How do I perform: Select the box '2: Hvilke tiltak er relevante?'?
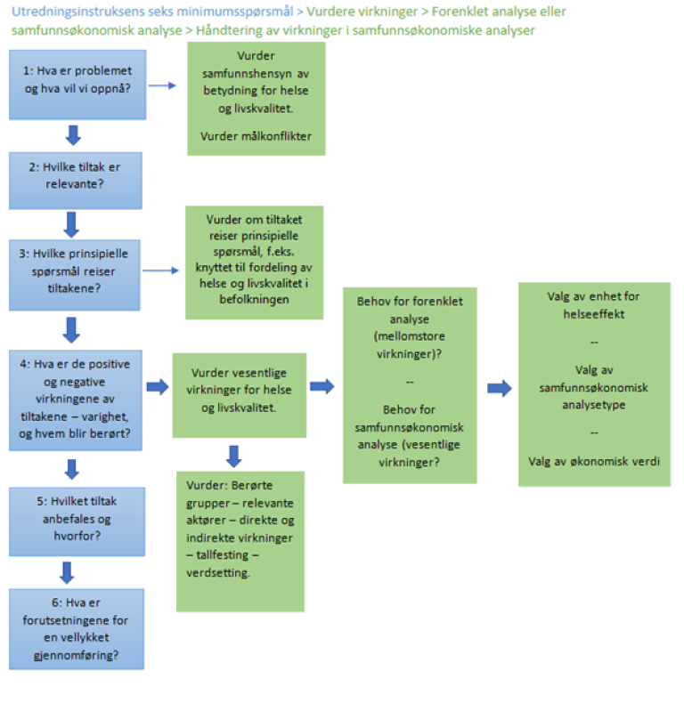coord(75,181)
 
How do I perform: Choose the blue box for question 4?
coord(75,396)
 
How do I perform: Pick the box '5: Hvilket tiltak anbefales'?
coord(75,521)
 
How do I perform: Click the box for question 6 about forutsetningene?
coord(75,628)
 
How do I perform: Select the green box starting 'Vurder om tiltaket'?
coord(254,263)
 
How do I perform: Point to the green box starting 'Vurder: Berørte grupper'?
coord(240,541)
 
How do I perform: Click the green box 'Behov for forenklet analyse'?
coord(410,384)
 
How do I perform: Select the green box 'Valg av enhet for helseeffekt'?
coord(594,384)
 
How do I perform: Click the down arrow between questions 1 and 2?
coord(74,134)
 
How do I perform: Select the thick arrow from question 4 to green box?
coord(157,387)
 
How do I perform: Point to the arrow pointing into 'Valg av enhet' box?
coord(499,388)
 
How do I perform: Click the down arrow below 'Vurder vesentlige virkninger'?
coord(233,456)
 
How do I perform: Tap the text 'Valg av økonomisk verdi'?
coord(594,462)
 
